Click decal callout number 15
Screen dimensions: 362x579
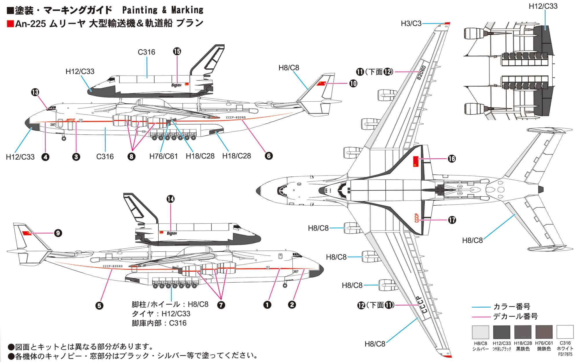coord(177,52)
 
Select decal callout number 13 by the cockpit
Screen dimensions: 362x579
coord(35,92)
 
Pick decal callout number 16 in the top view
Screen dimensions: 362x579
coord(452,159)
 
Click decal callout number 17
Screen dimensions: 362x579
coord(452,220)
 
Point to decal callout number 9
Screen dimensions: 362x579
coord(58,233)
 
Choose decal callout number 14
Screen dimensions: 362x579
coord(171,199)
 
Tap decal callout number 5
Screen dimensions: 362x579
coord(99,306)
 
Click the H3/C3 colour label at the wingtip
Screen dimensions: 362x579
coord(411,23)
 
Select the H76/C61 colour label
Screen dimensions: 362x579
coord(164,156)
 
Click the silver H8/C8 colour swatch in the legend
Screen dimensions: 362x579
coord(480,332)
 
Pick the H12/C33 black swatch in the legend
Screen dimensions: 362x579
coord(502,332)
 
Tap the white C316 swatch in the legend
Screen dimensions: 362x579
coord(565,332)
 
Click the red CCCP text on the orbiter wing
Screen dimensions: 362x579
coord(417,218)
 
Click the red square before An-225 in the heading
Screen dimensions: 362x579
coord(10,23)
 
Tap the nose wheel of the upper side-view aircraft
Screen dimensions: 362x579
coord(64,139)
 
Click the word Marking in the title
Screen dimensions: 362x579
coord(187,10)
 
